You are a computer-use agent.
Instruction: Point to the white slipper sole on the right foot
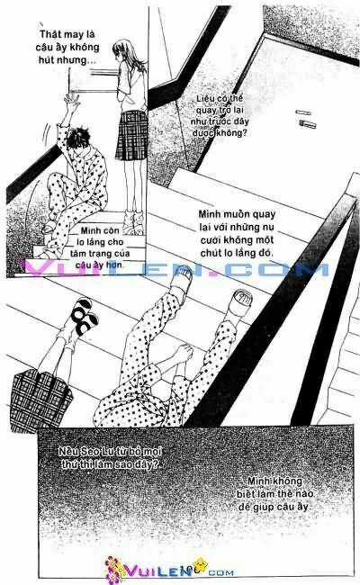[x=246, y=303]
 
